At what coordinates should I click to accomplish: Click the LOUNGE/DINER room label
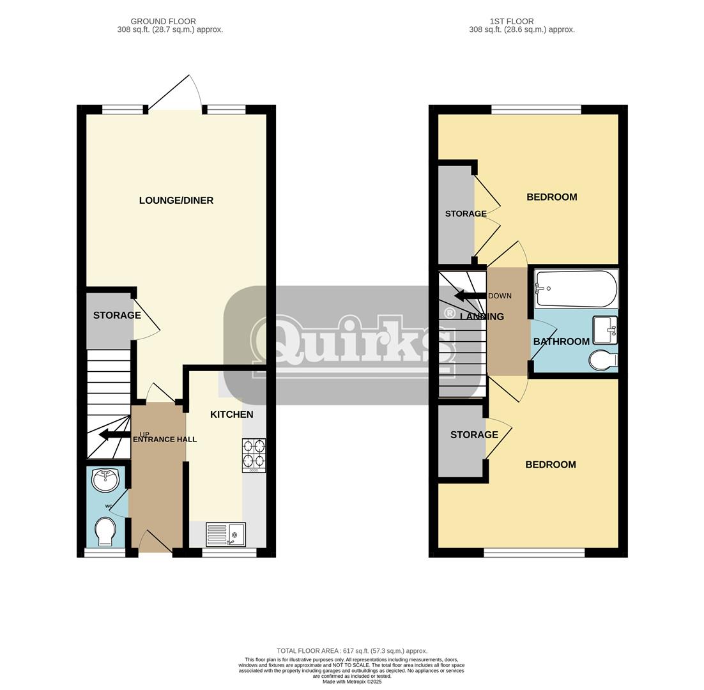[x=176, y=201]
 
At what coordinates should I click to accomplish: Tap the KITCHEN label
[x=231, y=415]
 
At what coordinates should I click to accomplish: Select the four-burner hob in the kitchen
[x=254, y=454]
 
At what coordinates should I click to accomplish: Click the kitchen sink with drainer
[x=226, y=534]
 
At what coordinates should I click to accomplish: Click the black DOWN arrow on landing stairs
[x=470, y=296]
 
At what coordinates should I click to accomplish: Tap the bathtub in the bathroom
[x=576, y=289]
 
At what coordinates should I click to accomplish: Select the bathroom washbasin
[x=604, y=330]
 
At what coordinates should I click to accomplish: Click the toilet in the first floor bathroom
[x=602, y=360]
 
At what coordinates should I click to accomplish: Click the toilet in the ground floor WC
[x=105, y=532]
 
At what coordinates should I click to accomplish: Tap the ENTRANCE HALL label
[x=165, y=440]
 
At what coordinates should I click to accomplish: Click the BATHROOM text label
[x=561, y=342]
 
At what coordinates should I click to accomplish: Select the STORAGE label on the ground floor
[x=117, y=316]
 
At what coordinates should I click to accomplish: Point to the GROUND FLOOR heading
[x=163, y=21]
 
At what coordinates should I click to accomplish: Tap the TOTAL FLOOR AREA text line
[x=352, y=651]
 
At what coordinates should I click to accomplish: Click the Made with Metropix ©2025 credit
[x=352, y=682]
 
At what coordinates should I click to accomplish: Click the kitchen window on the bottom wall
[x=229, y=553]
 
